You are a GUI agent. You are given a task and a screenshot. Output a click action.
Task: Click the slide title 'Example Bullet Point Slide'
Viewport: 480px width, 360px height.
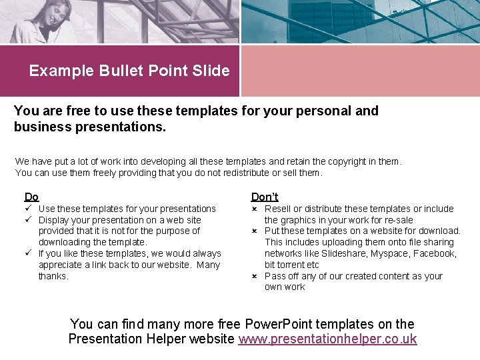[129, 71]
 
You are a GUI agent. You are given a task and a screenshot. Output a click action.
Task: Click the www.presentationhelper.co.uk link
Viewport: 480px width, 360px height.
[327, 339]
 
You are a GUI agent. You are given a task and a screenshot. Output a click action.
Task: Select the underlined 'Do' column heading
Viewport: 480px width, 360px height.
[31, 197]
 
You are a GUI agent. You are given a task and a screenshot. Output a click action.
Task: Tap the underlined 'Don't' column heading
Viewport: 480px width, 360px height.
[265, 197]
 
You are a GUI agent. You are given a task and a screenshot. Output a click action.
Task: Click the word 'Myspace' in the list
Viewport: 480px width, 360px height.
[388, 253]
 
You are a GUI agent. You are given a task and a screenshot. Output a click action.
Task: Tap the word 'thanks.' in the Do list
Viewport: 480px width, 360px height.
[53, 276]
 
